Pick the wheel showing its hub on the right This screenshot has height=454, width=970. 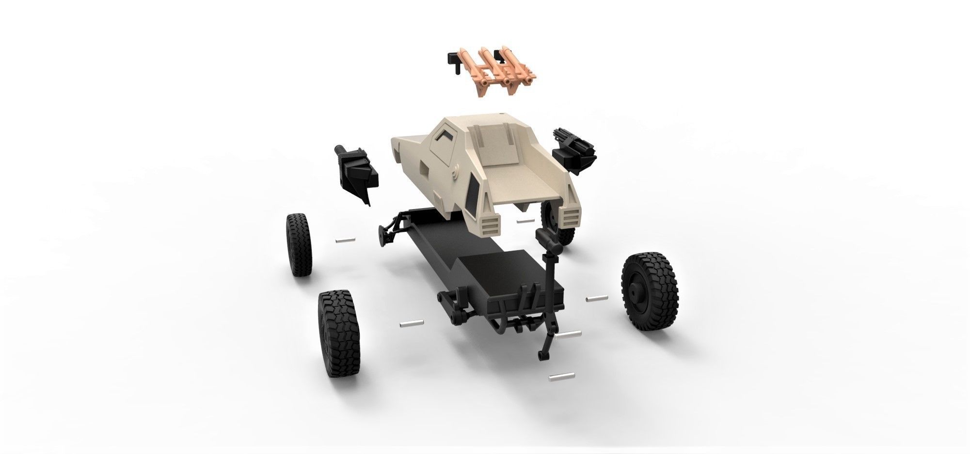(x=650, y=292)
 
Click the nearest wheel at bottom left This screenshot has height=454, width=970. (x=335, y=329)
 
